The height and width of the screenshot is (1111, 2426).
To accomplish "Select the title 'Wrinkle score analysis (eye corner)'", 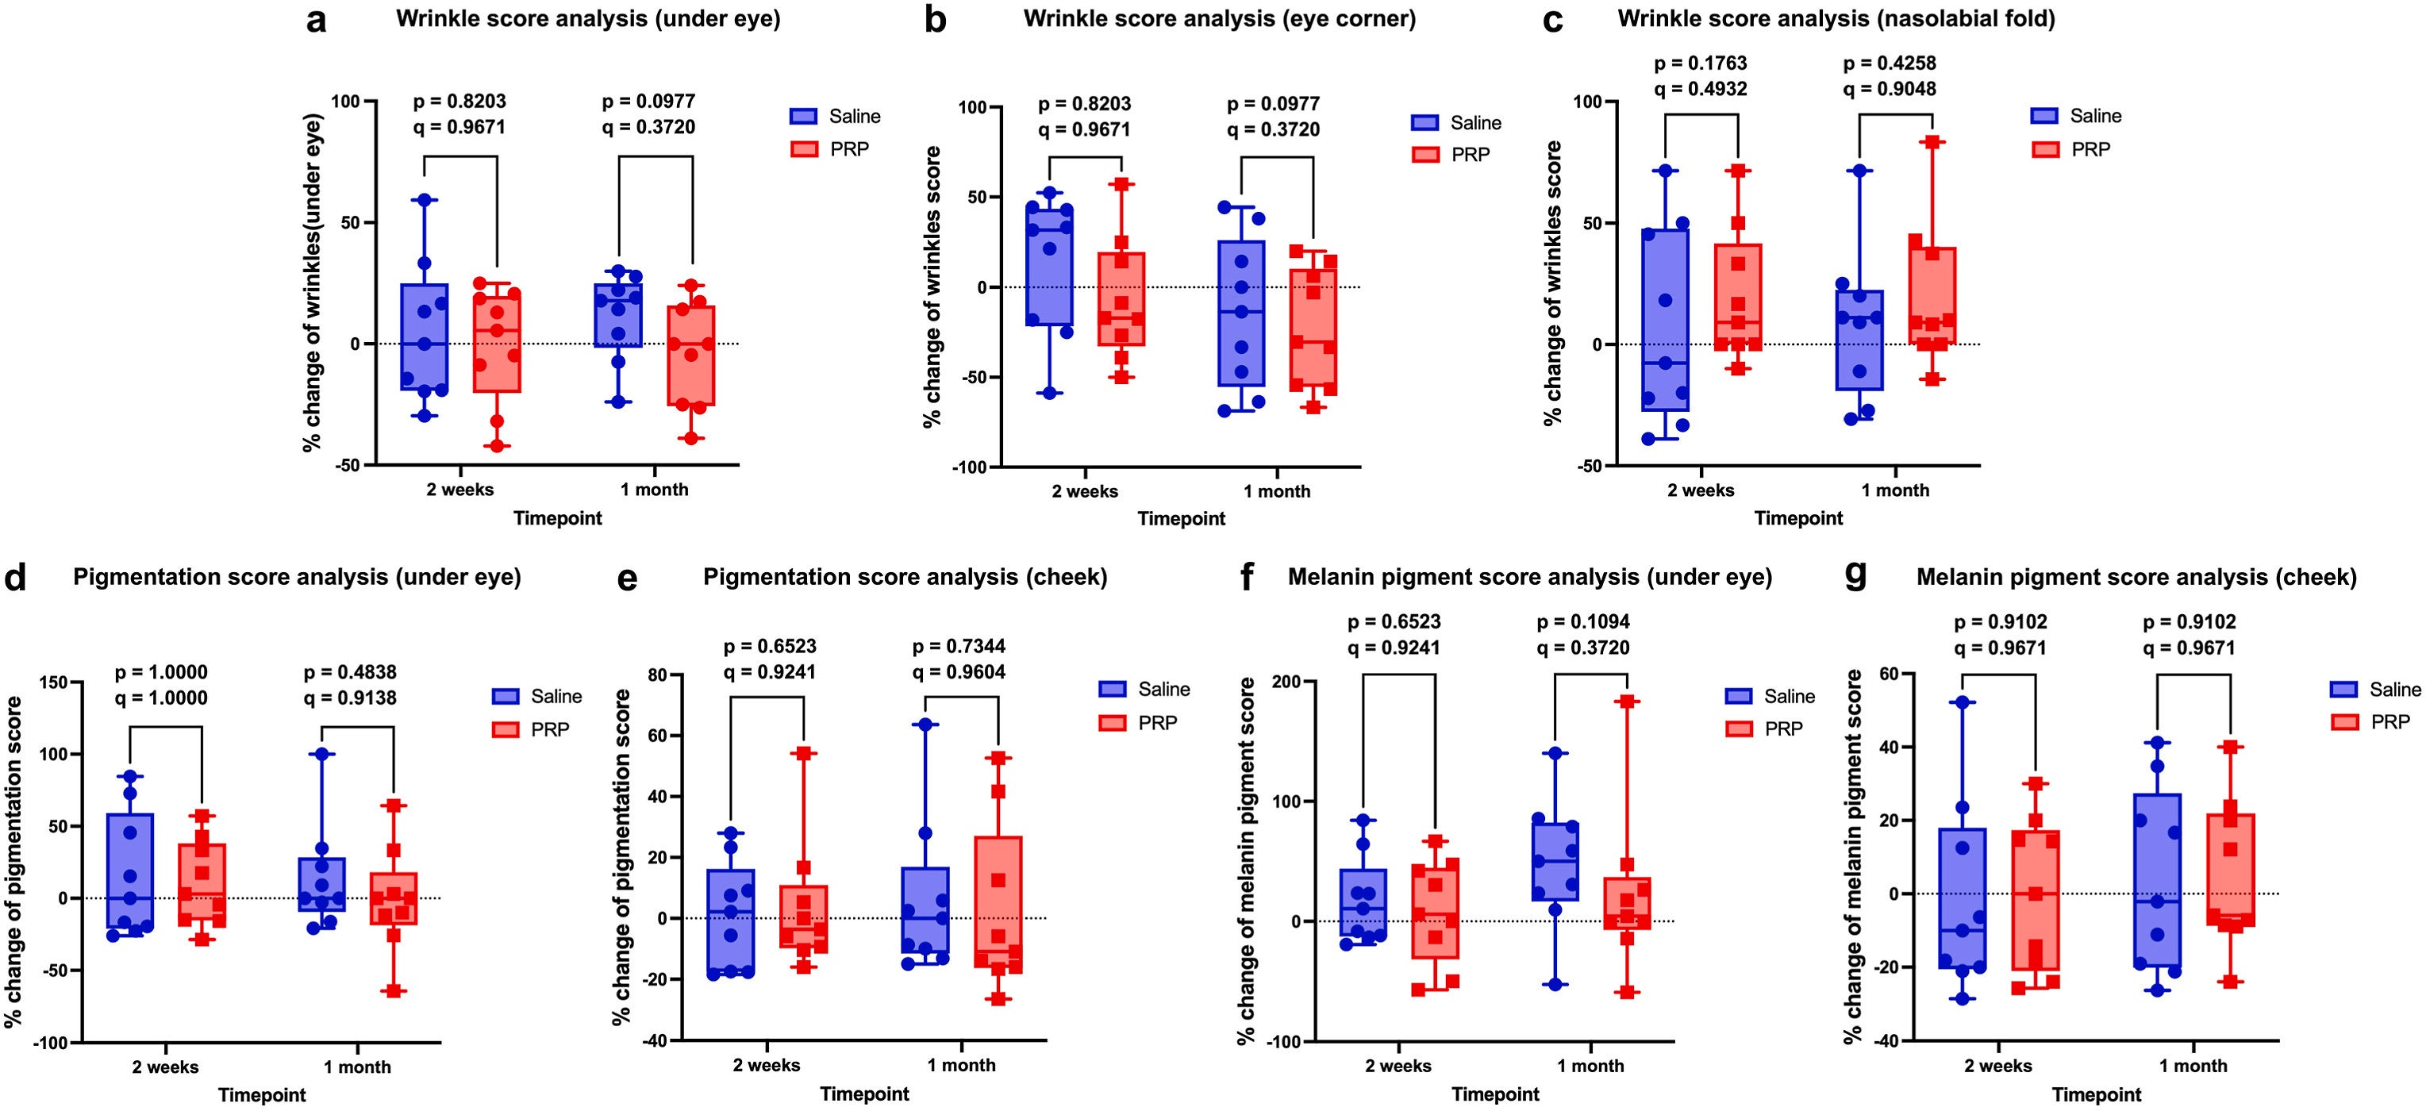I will tap(1220, 19).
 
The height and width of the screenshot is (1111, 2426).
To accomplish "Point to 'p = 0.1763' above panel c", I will tap(1700, 63).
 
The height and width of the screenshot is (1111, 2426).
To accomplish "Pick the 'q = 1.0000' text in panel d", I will tap(161, 698).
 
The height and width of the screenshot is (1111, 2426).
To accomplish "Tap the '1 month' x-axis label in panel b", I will tap(1276, 491).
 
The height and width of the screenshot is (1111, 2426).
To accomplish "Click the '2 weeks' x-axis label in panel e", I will tap(766, 1066).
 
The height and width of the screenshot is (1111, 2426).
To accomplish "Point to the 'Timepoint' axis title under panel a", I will tap(558, 518).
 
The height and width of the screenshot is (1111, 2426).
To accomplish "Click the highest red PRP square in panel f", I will tap(1628, 702).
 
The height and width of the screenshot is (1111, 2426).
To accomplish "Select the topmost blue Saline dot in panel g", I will tap(1963, 702).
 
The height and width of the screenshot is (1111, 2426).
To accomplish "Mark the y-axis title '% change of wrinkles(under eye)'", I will tap(313, 283).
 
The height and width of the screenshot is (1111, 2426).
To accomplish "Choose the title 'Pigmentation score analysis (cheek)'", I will tap(905, 577).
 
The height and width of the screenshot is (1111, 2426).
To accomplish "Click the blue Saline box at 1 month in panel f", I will tap(1555, 862).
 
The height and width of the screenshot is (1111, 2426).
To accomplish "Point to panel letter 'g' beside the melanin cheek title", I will tap(1855, 575).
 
